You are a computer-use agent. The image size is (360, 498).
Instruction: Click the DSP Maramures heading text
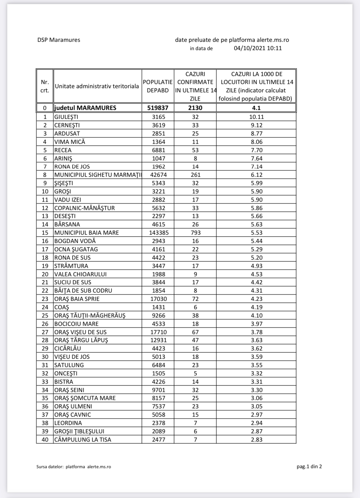click(59, 40)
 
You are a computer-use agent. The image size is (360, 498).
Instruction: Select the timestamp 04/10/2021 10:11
click(258, 48)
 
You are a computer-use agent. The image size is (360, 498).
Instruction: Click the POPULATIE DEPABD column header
click(158, 86)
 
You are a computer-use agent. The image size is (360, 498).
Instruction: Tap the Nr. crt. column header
click(45, 86)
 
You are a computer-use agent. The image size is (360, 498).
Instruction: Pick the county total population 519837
click(158, 108)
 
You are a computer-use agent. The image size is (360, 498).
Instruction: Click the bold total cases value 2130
click(195, 108)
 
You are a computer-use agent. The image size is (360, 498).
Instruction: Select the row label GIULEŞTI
click(66, 117)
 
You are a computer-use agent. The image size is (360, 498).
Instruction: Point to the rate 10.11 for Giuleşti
click(256, 117)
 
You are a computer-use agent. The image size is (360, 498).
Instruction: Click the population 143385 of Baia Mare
click(159, 233)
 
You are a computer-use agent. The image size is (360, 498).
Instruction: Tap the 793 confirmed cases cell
click(195, 233)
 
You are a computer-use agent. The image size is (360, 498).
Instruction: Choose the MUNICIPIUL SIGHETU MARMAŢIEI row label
click(98, 175)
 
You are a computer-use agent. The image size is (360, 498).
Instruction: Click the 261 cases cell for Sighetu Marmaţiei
click(195, 175)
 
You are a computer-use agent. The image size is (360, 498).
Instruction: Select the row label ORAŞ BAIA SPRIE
click(77, 299)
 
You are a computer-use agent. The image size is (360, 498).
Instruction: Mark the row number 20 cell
click(45, 274)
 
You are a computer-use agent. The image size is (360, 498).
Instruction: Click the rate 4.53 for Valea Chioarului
click(257, 274)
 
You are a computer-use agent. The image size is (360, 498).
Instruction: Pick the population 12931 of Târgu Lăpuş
click(159, 340)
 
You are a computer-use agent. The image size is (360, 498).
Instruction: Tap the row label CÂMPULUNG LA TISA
click(83, 439)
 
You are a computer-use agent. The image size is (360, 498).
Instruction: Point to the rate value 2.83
click(257, 439)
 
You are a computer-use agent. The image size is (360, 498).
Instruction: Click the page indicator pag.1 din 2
click(309, 466)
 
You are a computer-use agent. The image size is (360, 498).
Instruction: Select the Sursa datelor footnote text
click(74, 467)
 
